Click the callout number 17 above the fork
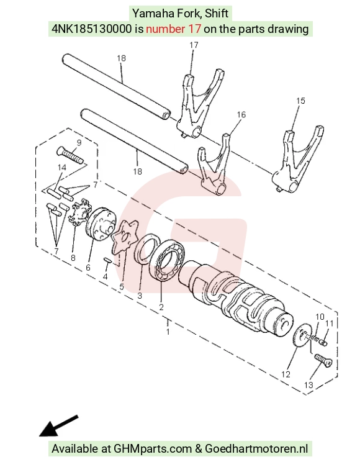click(194, 45)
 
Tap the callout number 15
click(300, 101)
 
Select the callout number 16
click(241, 114)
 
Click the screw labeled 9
click(70, 155)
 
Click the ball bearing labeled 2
click(167, 259)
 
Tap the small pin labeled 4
click(107, 260)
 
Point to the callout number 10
click(320, 317)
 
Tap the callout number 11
click(329, 324)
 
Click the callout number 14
click(62, 168)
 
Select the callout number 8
click(73, 258)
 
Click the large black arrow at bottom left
click(58, 426)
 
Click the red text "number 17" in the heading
click(174, 29)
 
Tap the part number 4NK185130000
click(92, 29)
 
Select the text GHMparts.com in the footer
click(153, 449)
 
